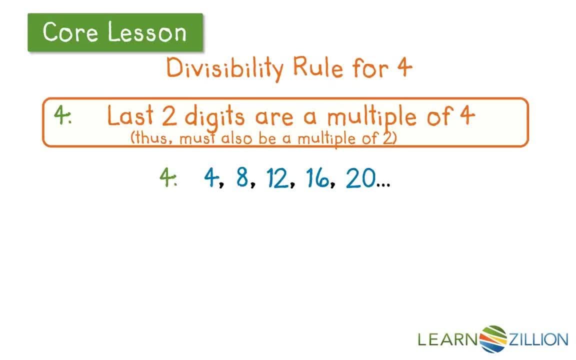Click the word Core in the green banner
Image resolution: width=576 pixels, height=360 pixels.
pyautogui.click(x=70, y=32)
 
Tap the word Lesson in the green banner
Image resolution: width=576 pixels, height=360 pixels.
pyautogui.click(x=147, y=32)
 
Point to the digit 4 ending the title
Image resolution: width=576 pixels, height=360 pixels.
pyautogui.click(x=402, y=67)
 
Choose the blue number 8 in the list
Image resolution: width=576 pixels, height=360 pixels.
pyautogui.click(x=242, y=177)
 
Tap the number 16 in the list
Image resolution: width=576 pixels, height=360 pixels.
pyautogui.click(x=317, y=178)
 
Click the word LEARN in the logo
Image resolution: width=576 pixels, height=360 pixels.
pyautogui.click(x=448, y=340)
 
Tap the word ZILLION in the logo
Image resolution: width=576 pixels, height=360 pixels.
pyautogui.click(x=538, y=340)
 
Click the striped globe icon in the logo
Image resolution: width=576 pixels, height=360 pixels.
pyautogui.click(x=493, y=339)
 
